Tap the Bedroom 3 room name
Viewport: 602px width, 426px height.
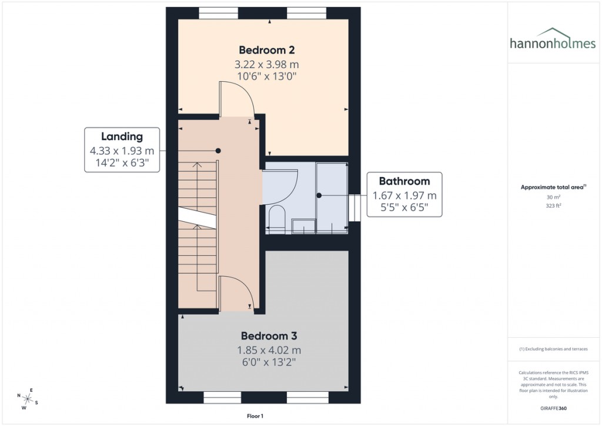pyautogui.click(x=269, y=336)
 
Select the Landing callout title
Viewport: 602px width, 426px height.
pyautogui.click(x=122, y=137)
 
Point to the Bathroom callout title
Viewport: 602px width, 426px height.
pyautogui.click(x=404, y=181)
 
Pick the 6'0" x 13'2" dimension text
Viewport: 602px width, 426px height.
pyautogui.click(x=269, y=363)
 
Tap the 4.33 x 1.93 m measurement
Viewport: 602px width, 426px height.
pyautogui.click(x=122, y=151)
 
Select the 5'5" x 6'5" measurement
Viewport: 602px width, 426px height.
pyautogui.click(x=404, y=208)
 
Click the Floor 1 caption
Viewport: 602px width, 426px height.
pyautogui.click(x=255, y=416)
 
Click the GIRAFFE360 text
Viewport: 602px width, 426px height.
pyautogui.click(x=552, y=408)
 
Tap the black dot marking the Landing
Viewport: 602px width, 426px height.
pyautogui.click(x=218, y=151)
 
